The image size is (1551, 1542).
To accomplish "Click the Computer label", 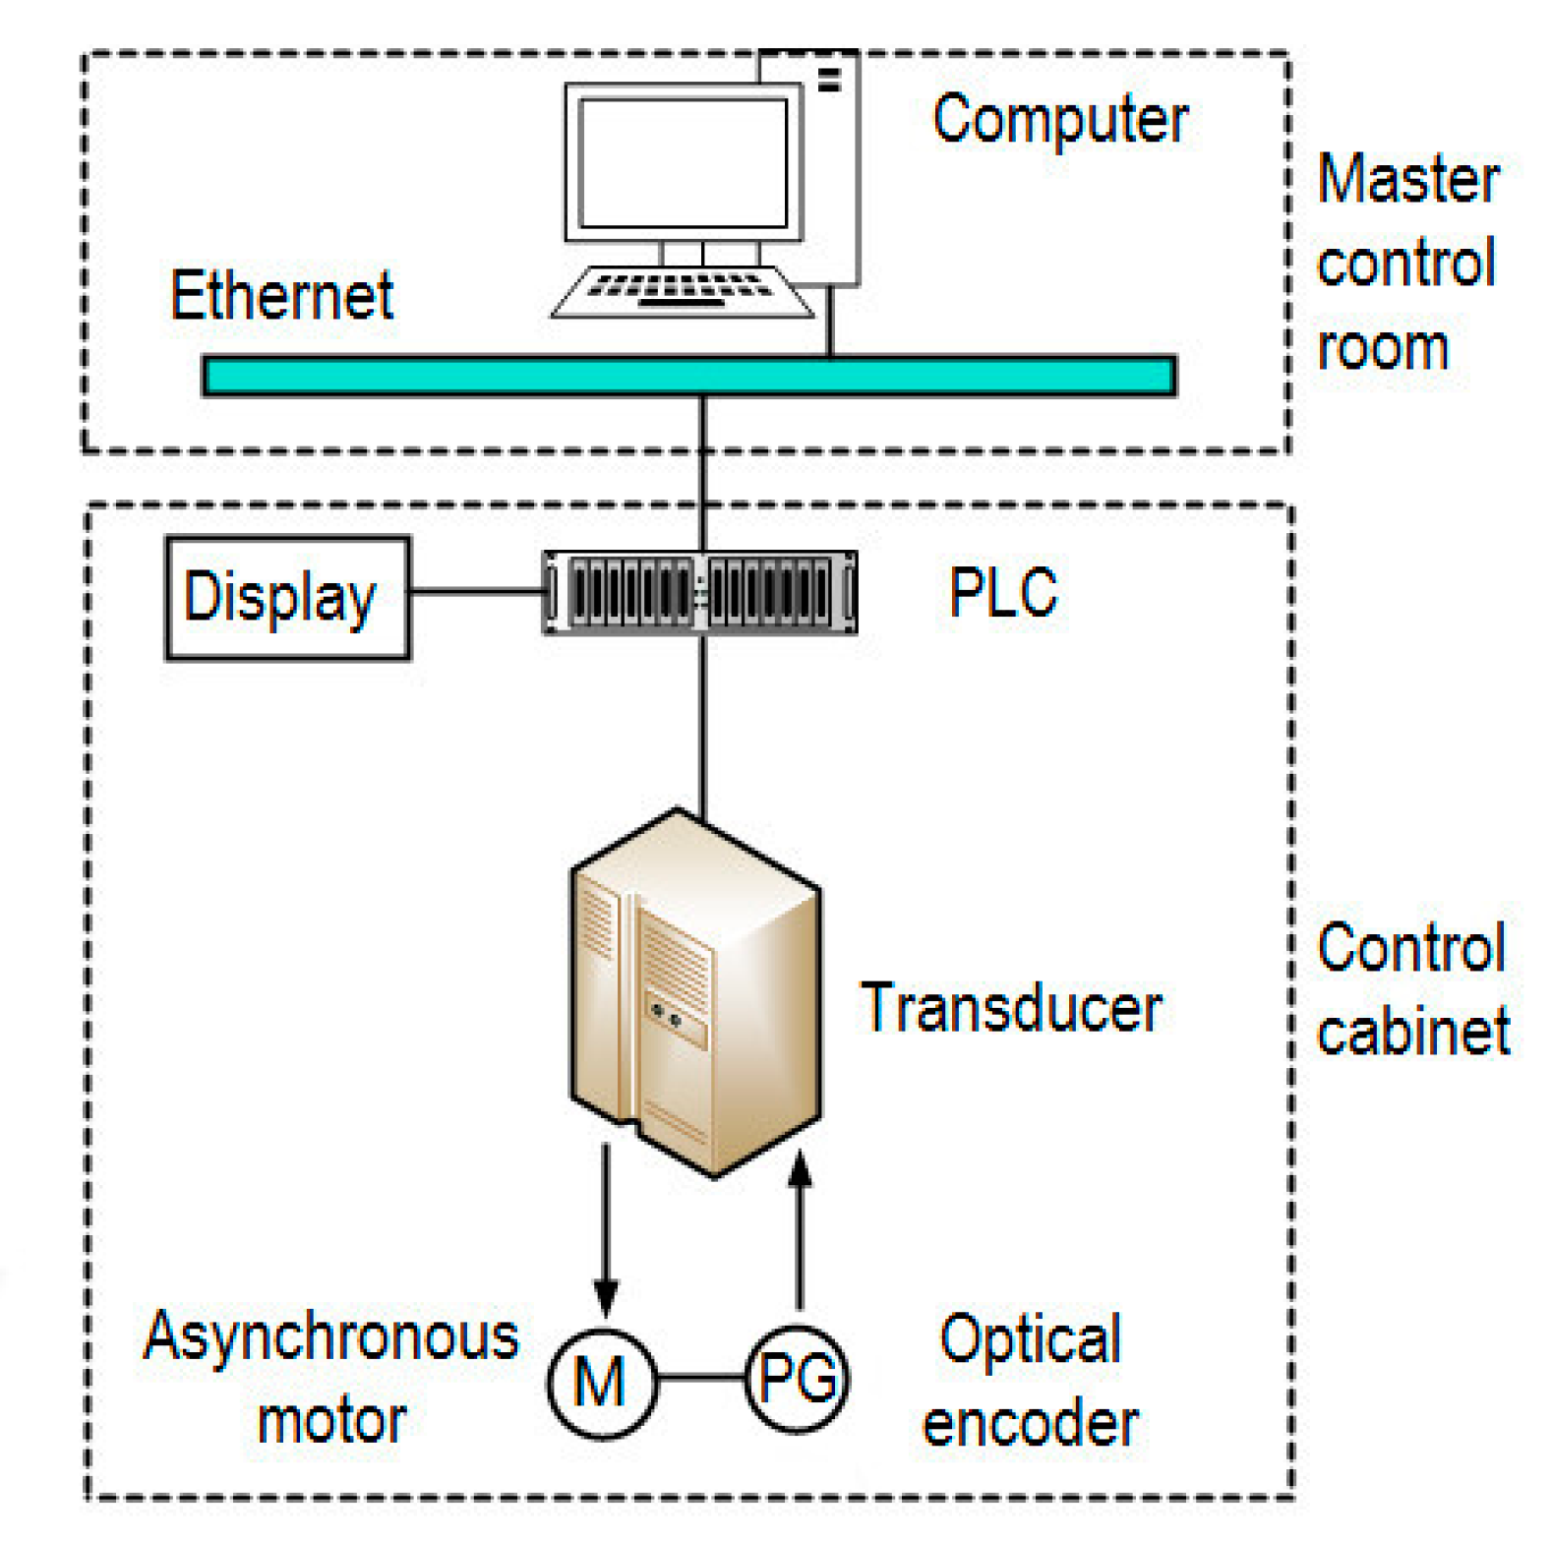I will tap(1059, 120).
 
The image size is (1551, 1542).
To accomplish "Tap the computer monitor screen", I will tap(683, 163).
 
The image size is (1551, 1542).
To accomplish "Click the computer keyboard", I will tap(682, 292).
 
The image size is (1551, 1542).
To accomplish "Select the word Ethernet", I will tap(281, 295).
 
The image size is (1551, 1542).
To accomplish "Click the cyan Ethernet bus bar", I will tap(688, 376).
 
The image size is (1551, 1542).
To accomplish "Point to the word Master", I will tap(1407, 180).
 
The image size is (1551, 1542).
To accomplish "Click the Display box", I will tap(287, 597).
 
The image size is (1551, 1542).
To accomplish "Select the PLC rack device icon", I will tap(699, 592).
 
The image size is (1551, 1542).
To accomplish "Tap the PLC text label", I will tap(1002, 593).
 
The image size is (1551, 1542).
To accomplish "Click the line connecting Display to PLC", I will tap(476, 591).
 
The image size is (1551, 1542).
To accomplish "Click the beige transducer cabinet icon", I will tap(694, 993).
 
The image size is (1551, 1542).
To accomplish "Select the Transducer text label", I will tap(1011, 1008).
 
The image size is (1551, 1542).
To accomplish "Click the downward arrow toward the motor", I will tap(606, 1229).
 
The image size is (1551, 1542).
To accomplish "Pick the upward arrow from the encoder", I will tap(800, 1229).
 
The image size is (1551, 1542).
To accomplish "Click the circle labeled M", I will tap(601, 1381).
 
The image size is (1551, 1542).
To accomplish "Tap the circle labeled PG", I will tap(797, 1378).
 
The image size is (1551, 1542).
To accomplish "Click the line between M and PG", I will tap(699, 1378).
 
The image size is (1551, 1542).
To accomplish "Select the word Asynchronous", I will tap(330, 1338).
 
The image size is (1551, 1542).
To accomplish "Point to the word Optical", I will tap(1030, 1339).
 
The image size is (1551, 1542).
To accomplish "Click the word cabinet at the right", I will tap(1412, 1033).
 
